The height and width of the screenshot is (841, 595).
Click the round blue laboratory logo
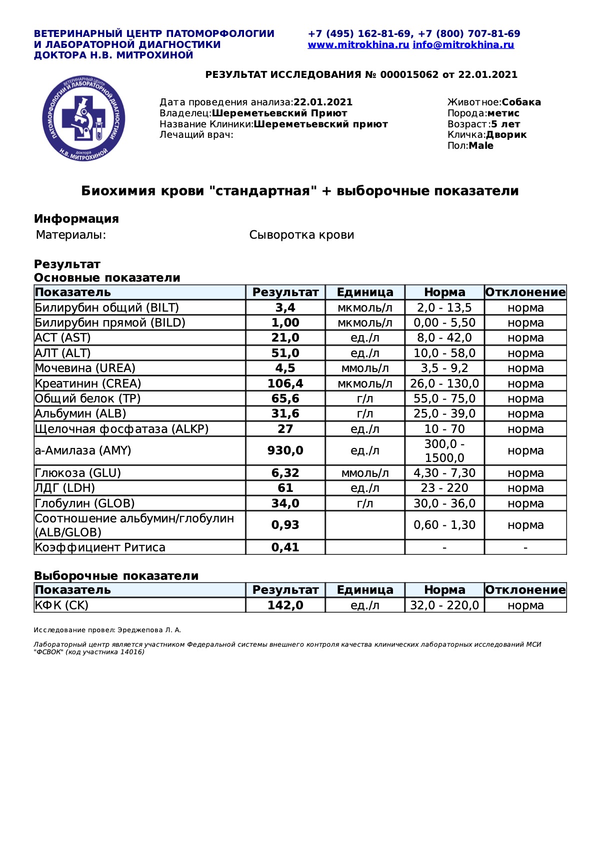click(83, 119)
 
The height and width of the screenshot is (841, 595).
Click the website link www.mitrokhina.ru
click(358, 45)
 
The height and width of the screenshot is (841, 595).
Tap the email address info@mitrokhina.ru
click(463, 45)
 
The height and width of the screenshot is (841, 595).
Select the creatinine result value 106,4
click(285, 384)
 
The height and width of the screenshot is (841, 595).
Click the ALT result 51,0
click(285, 353)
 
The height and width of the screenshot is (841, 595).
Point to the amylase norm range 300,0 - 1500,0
click(444, 450)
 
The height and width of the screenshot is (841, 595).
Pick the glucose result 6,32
click(285, 473)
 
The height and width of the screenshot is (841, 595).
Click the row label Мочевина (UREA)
click(85, 368)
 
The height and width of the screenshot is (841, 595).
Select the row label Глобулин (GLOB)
click(84, 503)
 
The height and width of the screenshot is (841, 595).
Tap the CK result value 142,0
click(285, 605)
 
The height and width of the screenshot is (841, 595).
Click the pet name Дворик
click(506, 135)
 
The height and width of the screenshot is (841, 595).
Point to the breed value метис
click(503, 113)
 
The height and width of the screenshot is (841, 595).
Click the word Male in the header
click(481, 146)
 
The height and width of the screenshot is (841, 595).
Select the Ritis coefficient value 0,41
click(285, 547)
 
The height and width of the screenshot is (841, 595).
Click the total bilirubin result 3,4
click(285, 308)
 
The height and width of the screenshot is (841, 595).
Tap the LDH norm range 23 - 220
click(444, 488)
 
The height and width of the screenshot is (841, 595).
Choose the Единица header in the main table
click(364, 292)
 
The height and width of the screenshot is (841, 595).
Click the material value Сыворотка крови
click(301, 235)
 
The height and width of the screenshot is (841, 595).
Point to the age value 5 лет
click(505, 124)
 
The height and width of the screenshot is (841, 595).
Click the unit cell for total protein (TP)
click(364, 399)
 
